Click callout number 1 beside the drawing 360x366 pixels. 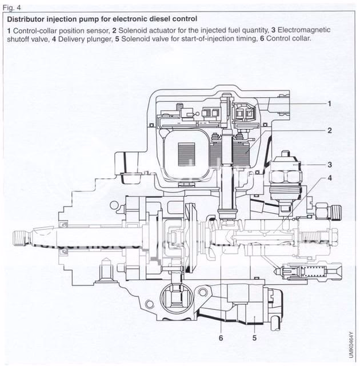[x=330, y=104]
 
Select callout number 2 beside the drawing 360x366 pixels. [x=330, y=130]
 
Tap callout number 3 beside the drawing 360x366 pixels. [x=330, y=164]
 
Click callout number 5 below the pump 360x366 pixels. [x=253, y=337]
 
